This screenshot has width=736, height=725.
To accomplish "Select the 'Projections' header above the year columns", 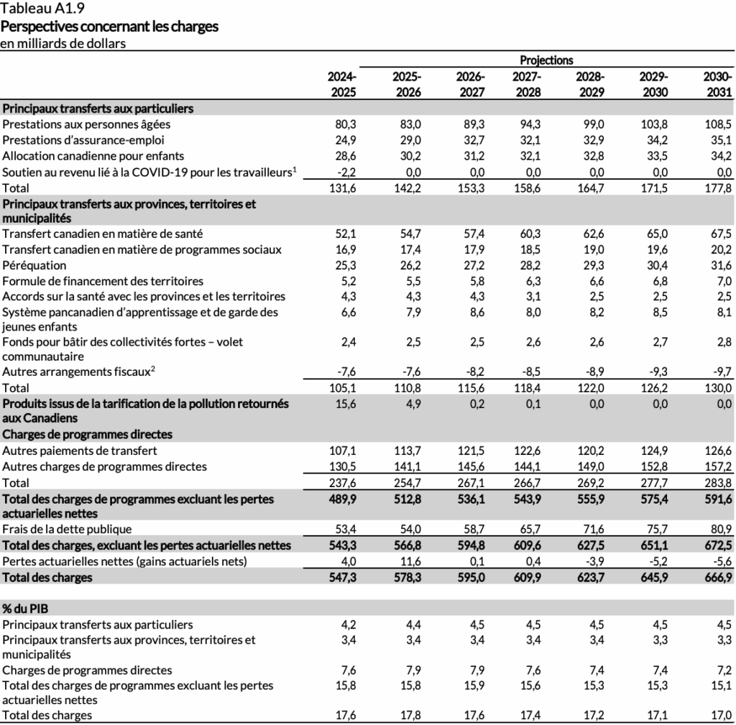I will [546, 60].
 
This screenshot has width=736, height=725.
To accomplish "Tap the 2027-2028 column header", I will [527, 84].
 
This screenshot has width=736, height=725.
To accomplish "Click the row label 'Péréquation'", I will [34, 265].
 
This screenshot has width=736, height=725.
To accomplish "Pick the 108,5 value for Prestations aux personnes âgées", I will [719, 124].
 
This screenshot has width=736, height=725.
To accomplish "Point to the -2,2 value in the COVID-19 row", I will [346, 172].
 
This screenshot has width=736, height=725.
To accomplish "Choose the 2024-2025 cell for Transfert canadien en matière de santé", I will [346, 234].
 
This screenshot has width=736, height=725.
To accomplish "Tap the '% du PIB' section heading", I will [26, 609].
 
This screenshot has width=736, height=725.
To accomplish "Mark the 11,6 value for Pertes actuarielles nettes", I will [410, 561].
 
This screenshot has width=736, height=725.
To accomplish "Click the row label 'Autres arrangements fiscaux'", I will [77, 371].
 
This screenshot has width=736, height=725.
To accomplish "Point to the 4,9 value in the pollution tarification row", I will [413, 404].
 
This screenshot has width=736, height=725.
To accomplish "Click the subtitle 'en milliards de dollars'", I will [63, 43].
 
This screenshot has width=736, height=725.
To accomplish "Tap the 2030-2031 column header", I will [717, 84].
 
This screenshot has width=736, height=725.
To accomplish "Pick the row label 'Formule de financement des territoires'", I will [103, 281].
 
